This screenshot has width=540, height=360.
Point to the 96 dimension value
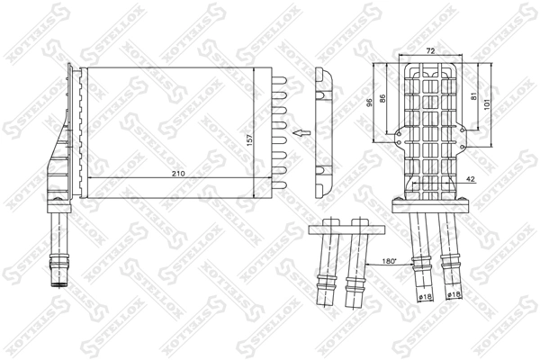click(370, 102)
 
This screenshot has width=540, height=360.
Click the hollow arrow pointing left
click(300, 135)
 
